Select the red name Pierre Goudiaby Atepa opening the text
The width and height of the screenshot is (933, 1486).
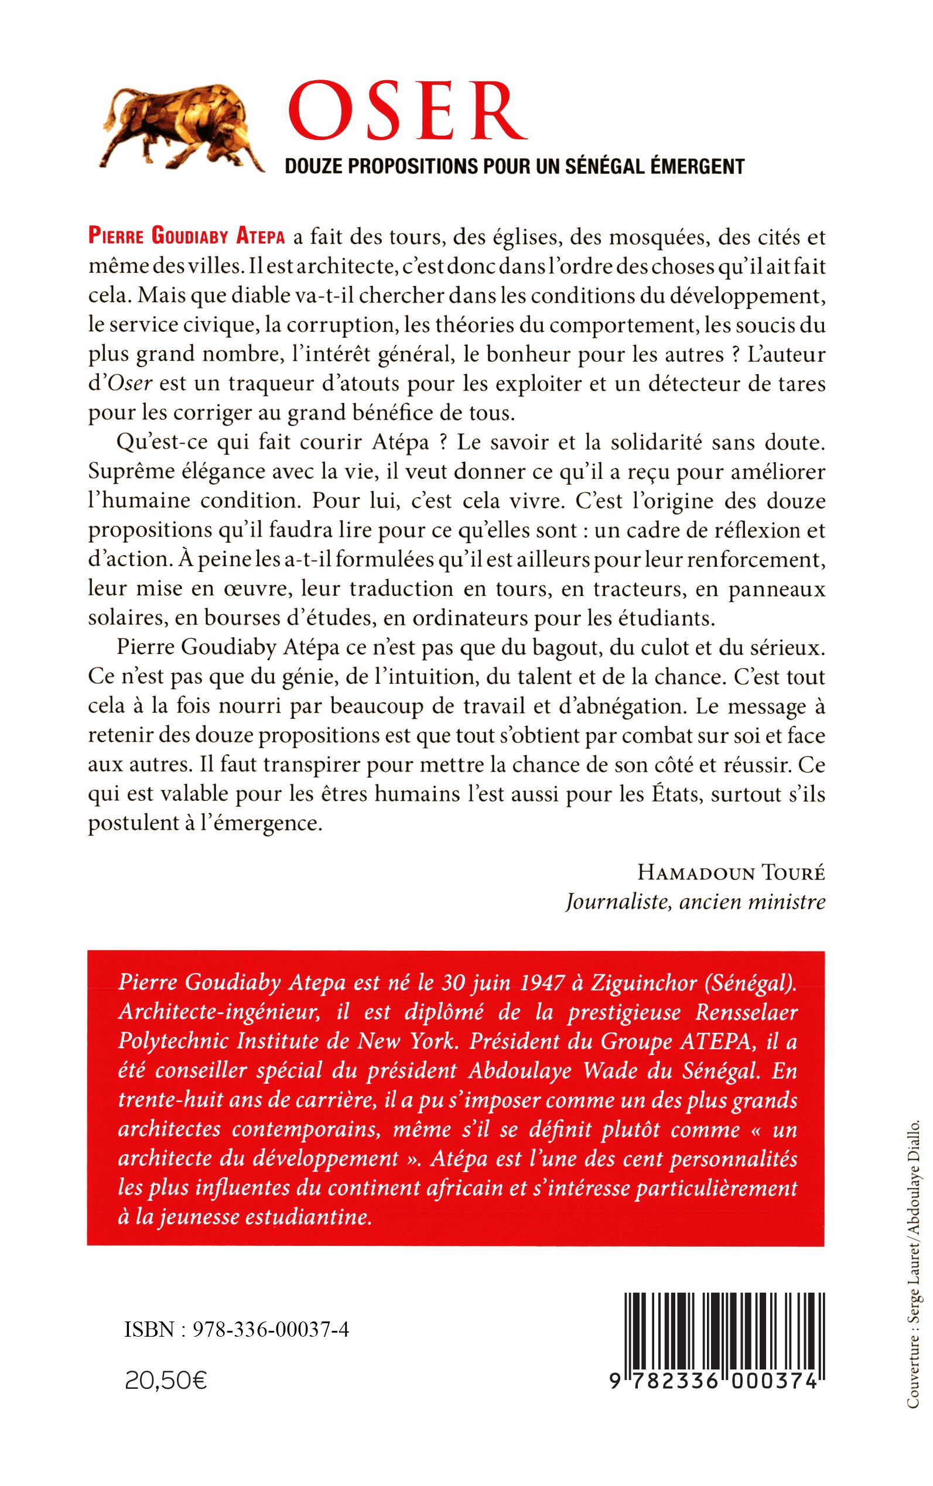pos(186,238)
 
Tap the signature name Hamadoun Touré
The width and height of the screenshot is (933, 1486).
pos(731,873)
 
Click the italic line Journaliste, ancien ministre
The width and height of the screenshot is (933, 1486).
pos(695,902)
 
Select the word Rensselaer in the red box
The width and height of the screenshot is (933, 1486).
pos(739,1013)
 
